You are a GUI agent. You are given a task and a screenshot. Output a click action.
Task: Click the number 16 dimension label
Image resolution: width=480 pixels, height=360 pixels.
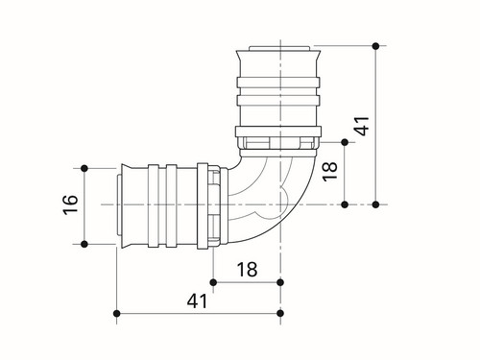point(71,204)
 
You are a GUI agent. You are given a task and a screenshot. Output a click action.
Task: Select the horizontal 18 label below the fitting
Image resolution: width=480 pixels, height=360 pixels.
point(247,270)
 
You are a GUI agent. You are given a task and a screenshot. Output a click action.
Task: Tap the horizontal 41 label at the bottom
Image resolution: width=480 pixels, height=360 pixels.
point(197,300)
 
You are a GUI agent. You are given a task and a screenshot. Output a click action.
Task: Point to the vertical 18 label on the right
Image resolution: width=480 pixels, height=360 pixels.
point(330,171)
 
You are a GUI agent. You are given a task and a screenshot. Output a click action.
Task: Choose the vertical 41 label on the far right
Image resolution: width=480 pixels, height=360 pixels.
point(362,126)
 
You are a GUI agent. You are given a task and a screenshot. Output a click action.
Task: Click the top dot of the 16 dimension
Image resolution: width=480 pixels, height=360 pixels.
point(84,168)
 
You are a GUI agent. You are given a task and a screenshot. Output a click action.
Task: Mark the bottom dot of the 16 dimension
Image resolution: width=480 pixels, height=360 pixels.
point(84,244)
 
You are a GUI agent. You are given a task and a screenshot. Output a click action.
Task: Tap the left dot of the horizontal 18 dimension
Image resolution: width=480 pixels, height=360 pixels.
point(213,282)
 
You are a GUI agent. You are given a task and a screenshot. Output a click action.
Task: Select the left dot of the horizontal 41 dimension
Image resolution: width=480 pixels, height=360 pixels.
point(117,313)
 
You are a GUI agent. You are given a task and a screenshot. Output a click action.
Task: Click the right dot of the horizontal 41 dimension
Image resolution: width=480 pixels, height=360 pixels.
point(280,313)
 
